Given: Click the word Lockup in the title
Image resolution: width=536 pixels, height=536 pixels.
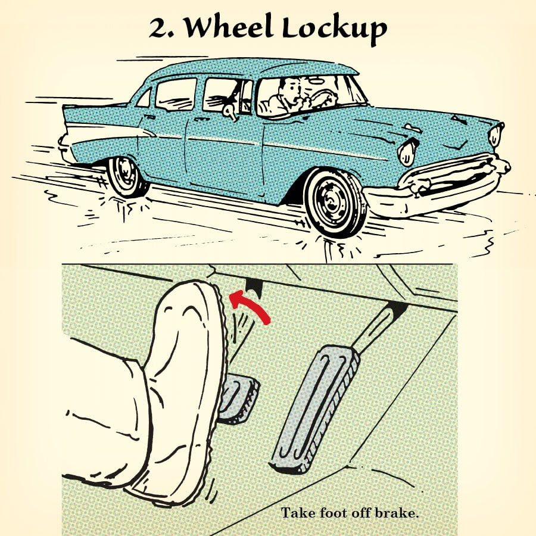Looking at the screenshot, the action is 334,29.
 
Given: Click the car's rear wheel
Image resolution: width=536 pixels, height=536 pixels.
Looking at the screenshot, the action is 125,177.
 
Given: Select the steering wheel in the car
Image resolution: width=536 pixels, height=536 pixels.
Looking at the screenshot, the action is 323,98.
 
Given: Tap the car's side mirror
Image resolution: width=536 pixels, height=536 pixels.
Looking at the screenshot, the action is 230,111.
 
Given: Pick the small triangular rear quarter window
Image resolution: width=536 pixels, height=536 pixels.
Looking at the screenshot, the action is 144,98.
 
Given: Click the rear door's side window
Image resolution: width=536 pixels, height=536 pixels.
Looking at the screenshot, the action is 176,94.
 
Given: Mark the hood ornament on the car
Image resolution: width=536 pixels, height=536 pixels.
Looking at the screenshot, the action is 459,120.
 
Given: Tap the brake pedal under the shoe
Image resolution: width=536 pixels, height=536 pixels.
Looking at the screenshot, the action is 238,398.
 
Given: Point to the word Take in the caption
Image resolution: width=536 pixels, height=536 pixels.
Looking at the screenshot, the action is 299,513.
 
